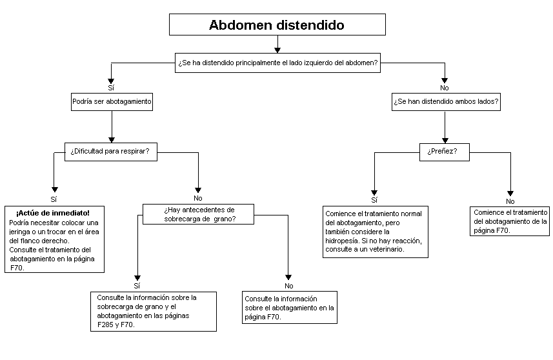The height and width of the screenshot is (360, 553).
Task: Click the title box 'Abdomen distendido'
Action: click(277, 25)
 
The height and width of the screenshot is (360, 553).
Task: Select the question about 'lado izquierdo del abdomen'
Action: click(277, 63)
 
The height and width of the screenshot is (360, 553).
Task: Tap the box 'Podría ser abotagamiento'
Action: click(112, 101)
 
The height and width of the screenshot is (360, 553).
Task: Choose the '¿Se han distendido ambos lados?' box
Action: click(446, 101)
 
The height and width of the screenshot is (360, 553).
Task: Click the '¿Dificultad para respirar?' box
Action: click(111, 152)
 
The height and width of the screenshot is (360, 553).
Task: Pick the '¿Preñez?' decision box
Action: click(445, 152)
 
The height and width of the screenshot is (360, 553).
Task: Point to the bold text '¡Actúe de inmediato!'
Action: click(53, 213)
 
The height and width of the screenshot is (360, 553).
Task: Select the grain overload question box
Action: click(198, 214)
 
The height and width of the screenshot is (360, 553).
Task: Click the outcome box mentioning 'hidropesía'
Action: click(376, 232)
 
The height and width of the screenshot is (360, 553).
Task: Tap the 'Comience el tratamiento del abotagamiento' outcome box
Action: click(510, 221)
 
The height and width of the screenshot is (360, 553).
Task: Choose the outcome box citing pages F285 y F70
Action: click(154, 312)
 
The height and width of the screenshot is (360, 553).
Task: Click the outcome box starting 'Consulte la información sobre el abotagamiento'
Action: click(290, 307)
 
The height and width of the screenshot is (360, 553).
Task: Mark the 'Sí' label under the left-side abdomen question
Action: click(111, 88)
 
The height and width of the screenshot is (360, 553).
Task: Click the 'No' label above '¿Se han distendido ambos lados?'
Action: click(445, 88)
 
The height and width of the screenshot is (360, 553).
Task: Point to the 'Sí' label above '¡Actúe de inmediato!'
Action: click(54, 199)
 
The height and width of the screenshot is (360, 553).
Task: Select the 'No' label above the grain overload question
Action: click(198, 198)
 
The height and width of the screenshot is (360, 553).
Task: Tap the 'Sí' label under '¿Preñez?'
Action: click(374, 200)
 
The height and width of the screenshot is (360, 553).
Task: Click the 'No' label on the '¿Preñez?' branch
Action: click(510, 201)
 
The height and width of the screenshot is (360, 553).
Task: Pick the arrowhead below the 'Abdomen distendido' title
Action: click(277, 50)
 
